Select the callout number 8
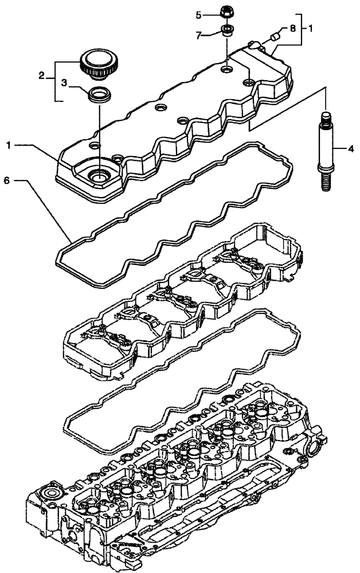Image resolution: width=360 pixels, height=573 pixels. [292, 28]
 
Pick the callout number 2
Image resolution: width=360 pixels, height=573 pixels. [41, 75]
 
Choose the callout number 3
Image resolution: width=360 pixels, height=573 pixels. [65, 83]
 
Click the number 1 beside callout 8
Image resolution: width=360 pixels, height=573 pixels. [310, 28]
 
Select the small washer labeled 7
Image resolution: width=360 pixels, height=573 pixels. [228, 31]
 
